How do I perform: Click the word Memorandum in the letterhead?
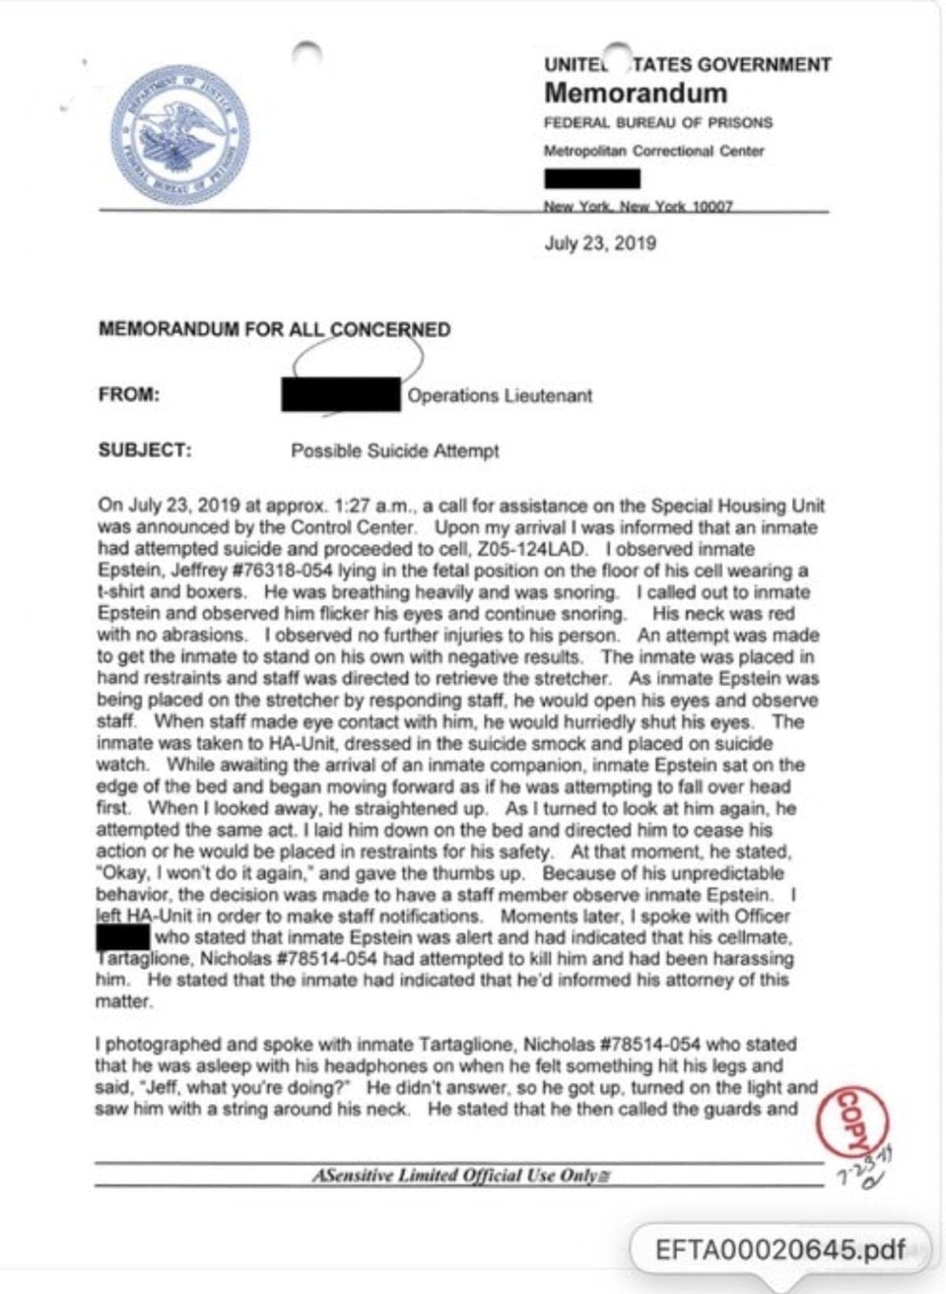635,93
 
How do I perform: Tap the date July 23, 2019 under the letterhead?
600,243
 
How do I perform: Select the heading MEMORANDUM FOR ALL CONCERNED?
274,330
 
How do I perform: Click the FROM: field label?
129,395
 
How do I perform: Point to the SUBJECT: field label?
145,450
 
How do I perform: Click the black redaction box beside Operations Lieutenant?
341,394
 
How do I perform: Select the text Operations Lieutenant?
500,396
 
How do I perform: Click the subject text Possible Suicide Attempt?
395,451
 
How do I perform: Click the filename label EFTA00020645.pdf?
780,1250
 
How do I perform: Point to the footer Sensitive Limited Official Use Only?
461,1176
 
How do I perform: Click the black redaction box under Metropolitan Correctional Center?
592,179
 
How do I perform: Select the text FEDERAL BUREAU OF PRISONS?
658,123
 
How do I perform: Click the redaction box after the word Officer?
123,938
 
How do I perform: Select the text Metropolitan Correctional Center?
654,151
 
